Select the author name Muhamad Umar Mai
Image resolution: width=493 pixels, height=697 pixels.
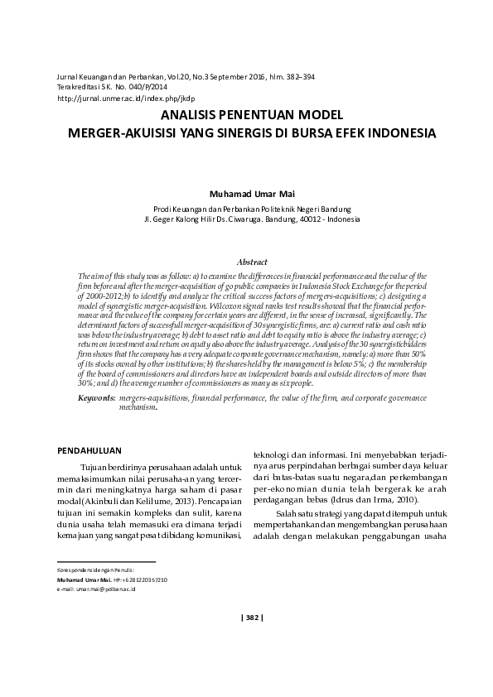246,195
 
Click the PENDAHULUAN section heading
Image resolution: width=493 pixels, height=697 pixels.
89,450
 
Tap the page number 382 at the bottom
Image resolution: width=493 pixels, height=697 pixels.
251,616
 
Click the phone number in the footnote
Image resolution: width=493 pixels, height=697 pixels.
145,579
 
